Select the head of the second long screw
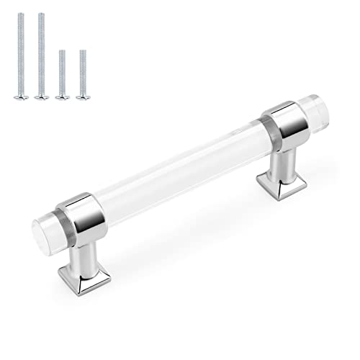tap(41, 94)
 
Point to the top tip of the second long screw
tap(41, 14)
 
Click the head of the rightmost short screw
tap(83, 94)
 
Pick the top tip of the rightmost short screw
tap(83, 50)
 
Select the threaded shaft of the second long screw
tap(41, 54)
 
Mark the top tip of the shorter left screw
tap(62, 50)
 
